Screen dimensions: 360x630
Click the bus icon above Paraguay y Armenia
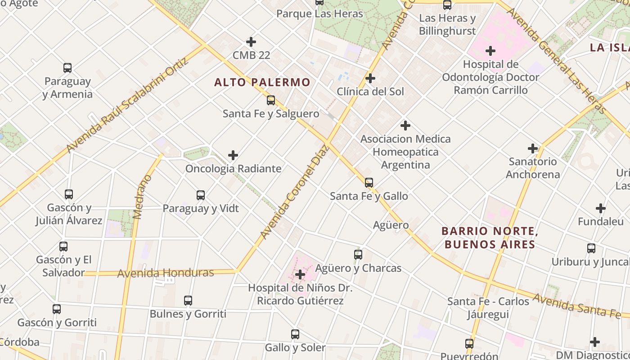(x=67, y=68)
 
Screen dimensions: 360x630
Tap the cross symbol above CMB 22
(x=251, y=42)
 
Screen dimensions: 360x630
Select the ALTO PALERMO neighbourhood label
(x=262, y=82)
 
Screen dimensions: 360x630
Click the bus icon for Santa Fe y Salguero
(x=271, y=100)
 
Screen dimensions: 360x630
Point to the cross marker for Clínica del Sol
(x=370, y=78)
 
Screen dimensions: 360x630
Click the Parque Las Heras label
(x=319, y=14)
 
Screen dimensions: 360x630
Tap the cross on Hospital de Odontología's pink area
(x=490, y=51)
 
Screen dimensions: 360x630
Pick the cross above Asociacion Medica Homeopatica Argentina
(x=405, y=126)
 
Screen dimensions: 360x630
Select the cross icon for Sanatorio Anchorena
(x=533, y=148)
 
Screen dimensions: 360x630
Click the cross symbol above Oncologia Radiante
(x=233, y=155)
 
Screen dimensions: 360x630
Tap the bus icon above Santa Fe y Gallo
(x=369, y=183)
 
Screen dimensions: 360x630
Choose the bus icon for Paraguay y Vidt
(x=201, y=195)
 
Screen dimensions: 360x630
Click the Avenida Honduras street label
(x=165, y=273)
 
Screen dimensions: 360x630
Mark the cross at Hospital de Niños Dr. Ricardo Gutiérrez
(x=300, y=274)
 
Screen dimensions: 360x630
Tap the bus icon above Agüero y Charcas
(x=358, y=255)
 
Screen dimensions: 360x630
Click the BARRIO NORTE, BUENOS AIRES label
(x=490, y=238)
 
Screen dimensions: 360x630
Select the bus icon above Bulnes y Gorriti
(x=188, y=301)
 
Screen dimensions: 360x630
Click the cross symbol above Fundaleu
(x=601, y=208)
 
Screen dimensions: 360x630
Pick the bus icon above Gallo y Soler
(x=295, y=334)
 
